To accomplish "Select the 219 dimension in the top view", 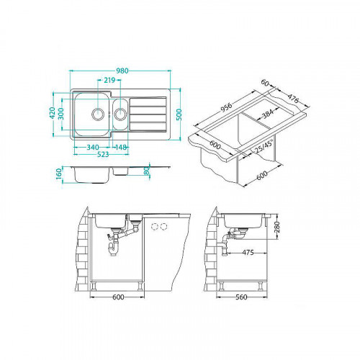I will (109, 79).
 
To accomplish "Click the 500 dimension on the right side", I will (176, 114).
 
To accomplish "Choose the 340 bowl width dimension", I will (93, 147).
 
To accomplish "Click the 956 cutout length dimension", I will (227, 104).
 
